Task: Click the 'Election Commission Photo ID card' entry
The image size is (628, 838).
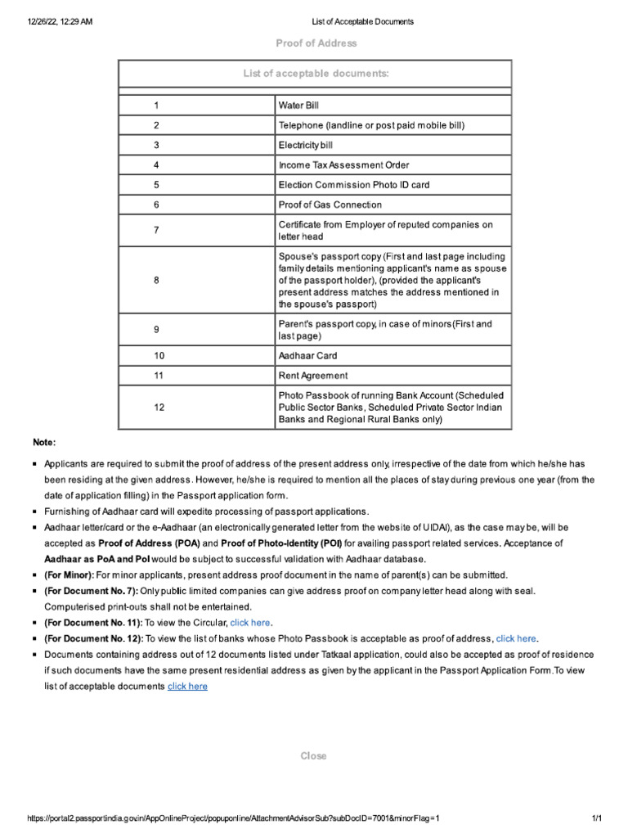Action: pyautogui.click(x=353, y=185)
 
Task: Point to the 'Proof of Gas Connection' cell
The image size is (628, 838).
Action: pyautogui.click(x=330, y=205)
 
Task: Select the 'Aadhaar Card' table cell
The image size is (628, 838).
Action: pyautogui.click(x=307, y=356)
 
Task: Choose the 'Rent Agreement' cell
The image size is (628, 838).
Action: pyautogui.click(x=312, y=376)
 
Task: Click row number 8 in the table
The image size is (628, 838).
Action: pyautogui.click(x=156, y=280)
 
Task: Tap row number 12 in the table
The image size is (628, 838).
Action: pyautogui.click(x=159, y=407)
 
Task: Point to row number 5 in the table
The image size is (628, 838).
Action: pyautogui.click(x=156, y=185)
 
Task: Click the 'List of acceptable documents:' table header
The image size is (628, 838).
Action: pyautogui.click(x=316, y=74)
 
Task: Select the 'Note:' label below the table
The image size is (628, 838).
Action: pyautogui.click(x=44, y=443)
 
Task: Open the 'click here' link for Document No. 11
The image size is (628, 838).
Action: pyautogui.click(x=250, y=623)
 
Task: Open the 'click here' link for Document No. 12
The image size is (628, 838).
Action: pyautogui.click(x=517, y=638)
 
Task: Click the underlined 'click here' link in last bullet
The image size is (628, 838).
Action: pyautogui.click(x=187, y=686)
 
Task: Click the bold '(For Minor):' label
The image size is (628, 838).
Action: pyautogui.click(x=70, y=575)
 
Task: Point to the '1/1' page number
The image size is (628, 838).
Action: pyautogui.click(x=596, y=818)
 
